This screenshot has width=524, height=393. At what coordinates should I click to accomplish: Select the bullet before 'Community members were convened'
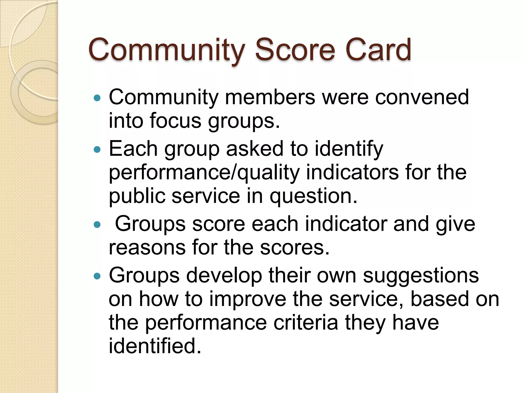[97, 98]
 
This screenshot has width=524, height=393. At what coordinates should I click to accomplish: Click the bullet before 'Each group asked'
[97, 149]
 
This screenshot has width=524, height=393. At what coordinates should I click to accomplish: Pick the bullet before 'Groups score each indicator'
[97, 225]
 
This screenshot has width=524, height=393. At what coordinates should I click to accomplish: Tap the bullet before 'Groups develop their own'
[97, 276]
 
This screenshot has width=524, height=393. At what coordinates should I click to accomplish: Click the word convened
[422, 97]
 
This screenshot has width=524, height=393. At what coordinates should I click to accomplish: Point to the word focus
[176, 121]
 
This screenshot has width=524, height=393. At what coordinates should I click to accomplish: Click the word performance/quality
[204, 173]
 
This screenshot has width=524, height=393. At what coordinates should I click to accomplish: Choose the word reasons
[147, 248]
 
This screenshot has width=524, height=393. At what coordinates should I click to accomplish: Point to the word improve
[248, 299]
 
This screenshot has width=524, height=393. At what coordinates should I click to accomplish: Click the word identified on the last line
[155, 346]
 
